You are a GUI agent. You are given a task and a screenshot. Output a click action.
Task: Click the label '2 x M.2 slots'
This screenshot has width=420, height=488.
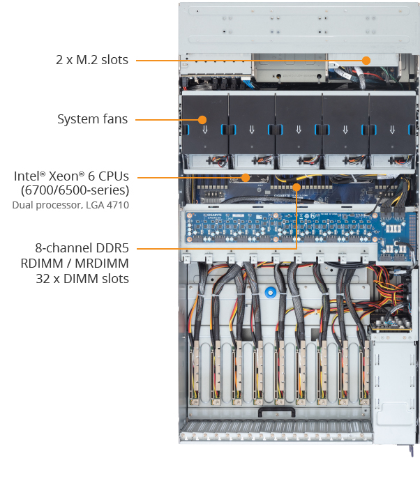[x=92, y=60]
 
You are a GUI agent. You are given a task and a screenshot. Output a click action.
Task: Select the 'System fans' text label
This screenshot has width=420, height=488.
[x=92, y=119]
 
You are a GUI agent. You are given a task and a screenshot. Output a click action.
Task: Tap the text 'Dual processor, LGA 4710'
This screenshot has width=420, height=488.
[x=70, y=205]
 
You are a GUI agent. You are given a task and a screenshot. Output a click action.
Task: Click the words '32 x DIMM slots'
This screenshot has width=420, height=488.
[x=84, y=279]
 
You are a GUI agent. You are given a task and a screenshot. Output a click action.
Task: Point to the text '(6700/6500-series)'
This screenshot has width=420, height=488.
[x=75, y=190]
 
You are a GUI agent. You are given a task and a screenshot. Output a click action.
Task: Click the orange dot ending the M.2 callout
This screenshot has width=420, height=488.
[x=366, y=60]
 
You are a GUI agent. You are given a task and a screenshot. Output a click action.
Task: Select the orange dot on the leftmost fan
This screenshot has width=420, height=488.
[x=203, y=119]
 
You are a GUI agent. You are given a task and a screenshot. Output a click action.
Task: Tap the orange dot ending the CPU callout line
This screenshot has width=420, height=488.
[x=244, y=176]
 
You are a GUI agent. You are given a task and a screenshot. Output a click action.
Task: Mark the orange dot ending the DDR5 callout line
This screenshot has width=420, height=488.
[x=297, y=187]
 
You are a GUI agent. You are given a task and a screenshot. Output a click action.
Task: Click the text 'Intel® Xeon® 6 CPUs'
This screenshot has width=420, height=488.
[x=71, y=176]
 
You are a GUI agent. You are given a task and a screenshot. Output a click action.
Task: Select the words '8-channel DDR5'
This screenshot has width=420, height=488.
[x=82, y=248]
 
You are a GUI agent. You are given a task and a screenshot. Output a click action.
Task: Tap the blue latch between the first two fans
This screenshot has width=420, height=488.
[x=226, y=130]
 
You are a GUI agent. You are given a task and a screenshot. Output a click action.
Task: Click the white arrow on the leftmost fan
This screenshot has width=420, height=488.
[x=205, y=130]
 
